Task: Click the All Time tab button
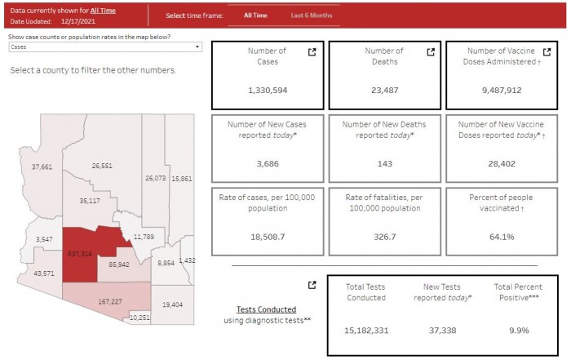tap(255, 16)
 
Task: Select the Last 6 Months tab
tap(312, 16)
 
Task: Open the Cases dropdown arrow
tap(197, 47)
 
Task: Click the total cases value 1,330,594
tap(268, 91)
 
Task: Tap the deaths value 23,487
tap(383, 91)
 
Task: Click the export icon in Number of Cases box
tap(312, 52)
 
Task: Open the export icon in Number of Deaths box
tap(431, 52)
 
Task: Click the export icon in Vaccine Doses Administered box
tap(548, 52)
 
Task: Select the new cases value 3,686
tap(268, 164)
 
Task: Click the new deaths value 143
tap(383, 164)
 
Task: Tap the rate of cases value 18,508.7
tap(268, 237)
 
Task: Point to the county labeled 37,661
tap(42, 167)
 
